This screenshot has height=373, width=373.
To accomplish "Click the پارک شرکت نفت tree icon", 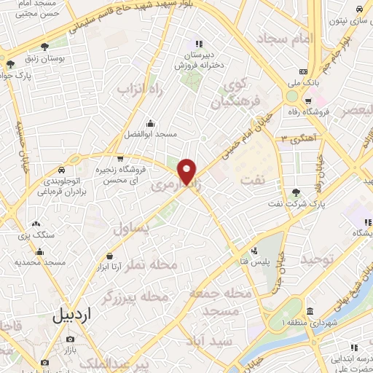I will click(296, 192).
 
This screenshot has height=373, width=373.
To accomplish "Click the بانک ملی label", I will click(303, 95).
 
